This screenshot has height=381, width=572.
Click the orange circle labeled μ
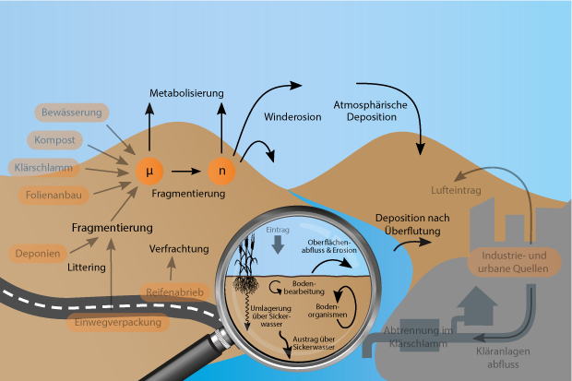click(149, 171)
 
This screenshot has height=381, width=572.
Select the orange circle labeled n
click(220, 171)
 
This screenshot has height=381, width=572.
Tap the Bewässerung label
click(71, 113)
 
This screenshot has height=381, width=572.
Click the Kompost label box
click(56, 140)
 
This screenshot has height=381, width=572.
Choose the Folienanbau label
click(54, 196)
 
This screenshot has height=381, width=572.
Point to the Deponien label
click(39, 252)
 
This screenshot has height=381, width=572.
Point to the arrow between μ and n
click(185, 171)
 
